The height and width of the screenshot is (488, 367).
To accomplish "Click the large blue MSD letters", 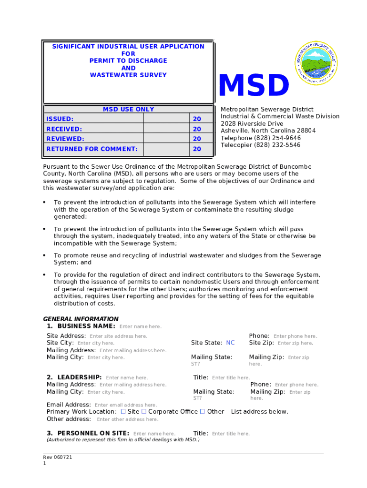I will [254, 86].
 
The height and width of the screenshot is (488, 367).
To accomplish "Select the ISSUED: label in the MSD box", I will [60, 119].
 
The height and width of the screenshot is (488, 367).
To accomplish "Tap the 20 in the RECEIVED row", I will [196, 129].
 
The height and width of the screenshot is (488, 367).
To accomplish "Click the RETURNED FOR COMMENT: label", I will [92, 149].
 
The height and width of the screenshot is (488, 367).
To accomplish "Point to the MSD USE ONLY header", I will [129, 109].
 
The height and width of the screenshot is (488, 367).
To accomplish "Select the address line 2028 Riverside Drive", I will [252, 124].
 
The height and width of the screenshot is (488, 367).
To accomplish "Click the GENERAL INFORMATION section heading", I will [81, 319].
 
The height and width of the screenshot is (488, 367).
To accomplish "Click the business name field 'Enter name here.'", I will [140, 326].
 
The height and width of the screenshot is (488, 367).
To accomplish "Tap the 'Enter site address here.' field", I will [118, 336].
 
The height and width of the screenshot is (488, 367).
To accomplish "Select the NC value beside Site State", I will [230, 343].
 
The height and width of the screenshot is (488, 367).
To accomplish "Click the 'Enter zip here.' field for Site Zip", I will [295, 343].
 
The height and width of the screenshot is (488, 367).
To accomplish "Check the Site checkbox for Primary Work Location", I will [123, 411].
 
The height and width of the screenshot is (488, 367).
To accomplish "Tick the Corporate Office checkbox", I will [144, 411].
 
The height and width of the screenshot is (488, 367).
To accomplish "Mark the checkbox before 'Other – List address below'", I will [202, 411].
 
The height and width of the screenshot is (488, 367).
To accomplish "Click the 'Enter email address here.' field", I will [126, 405].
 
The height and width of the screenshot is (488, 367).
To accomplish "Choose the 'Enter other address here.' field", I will [127, 419].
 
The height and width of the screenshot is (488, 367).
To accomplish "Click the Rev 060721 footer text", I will [58, 457].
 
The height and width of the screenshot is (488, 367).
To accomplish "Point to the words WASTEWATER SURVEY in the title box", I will [128, 75].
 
